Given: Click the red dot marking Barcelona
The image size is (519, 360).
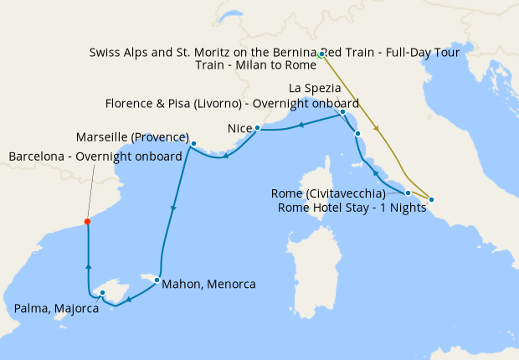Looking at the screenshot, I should (87, 222).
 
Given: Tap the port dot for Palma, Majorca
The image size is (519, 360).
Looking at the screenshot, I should (102, 293).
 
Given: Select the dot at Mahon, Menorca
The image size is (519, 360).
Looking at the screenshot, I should (157, 280).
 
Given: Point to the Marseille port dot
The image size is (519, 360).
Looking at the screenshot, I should (193, 144).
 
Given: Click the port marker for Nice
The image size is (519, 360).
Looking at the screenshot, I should (258, 128).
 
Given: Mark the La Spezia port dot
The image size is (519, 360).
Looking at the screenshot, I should (343, 112).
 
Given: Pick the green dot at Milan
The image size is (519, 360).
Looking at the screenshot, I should (321, 54).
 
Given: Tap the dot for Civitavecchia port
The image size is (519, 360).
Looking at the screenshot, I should (408, 193).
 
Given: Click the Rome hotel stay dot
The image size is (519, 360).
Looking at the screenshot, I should (431, 199).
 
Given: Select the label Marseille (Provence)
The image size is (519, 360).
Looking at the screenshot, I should (132, 136).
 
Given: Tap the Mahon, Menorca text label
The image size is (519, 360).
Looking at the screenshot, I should (208, 284).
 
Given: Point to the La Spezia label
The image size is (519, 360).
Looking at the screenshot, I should (314, 88).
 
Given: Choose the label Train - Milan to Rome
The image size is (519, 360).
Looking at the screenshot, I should (255, 65).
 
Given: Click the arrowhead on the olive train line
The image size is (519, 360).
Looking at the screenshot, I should (379, 130).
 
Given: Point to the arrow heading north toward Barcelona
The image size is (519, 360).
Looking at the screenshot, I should (87, 265).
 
